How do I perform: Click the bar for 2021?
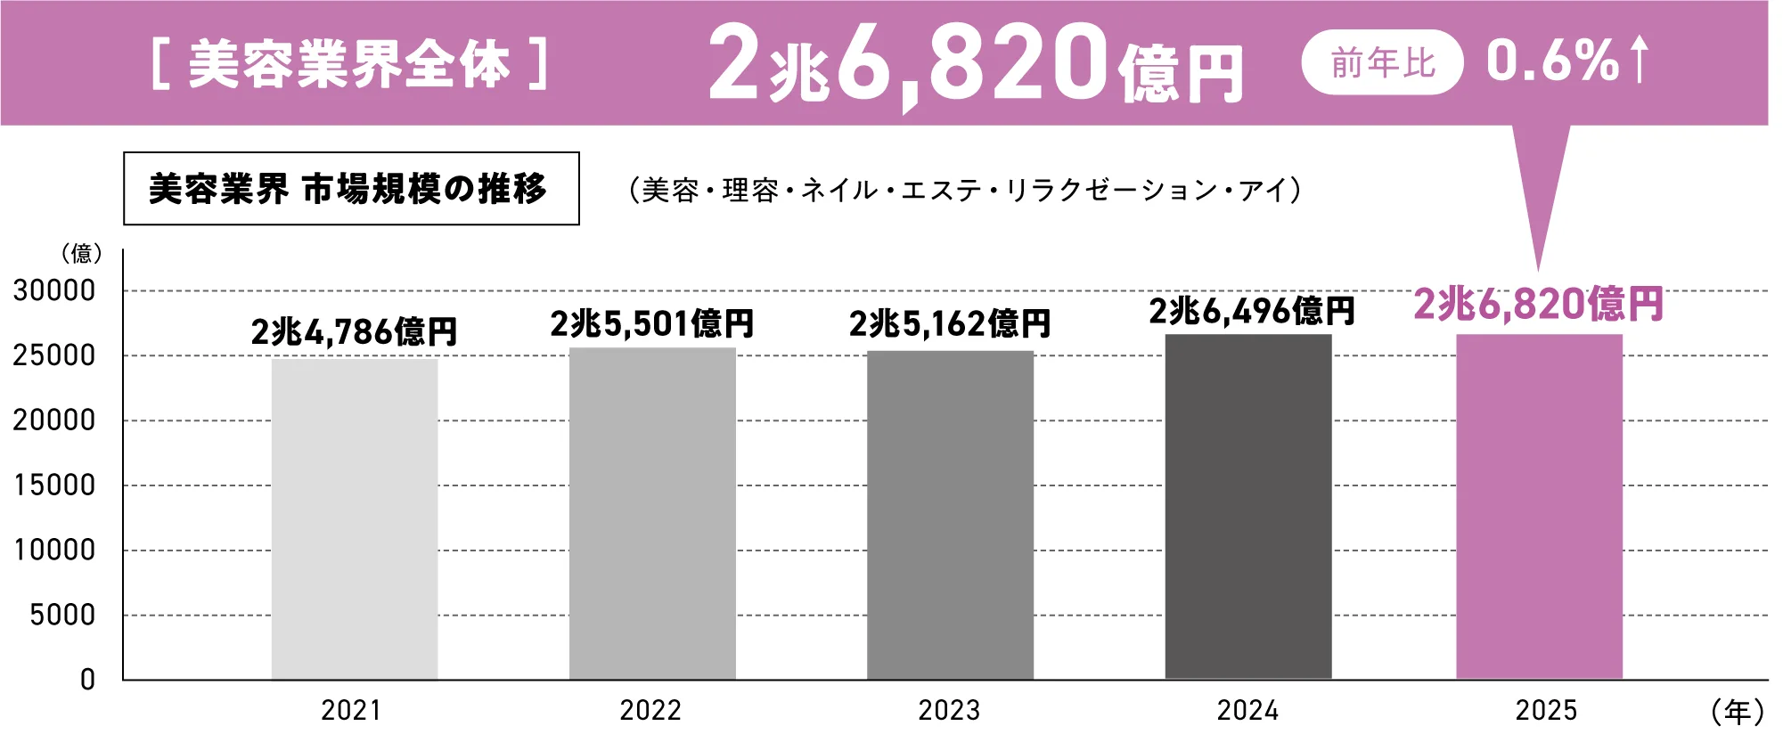355,519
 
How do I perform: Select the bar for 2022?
652,514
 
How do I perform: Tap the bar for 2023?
950,516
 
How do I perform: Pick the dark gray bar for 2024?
1247,507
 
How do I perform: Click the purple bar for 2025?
1539,507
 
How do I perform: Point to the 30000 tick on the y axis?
54,290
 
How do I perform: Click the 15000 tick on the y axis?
54,485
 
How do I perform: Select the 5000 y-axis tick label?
62,615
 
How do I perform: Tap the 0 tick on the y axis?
87,680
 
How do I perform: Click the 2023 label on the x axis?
949,711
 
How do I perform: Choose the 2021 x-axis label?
351,711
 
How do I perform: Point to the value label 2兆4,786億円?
354,332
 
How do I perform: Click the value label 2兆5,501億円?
652,323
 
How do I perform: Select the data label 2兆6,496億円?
1251,311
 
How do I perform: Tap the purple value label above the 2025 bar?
1538,304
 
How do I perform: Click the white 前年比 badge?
1382,62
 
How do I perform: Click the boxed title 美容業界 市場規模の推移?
351,189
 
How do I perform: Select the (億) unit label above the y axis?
82,254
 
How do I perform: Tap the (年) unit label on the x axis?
1737,712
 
